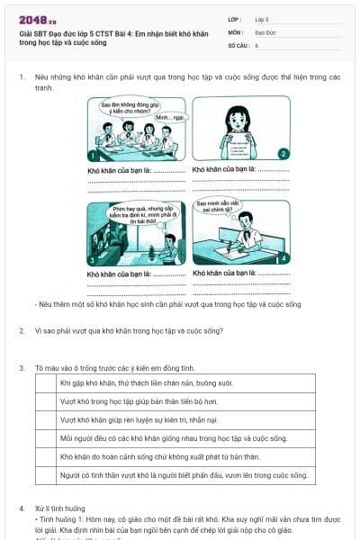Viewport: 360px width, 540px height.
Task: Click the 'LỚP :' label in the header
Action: pos(235,18)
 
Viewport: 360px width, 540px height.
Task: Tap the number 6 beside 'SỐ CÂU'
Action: pos(256,44)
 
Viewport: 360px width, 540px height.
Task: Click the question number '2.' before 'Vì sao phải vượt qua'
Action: pos(22,330)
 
